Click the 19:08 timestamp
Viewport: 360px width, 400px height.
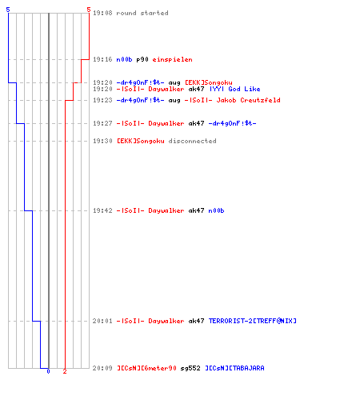pyautogui.click(x=102, y=13)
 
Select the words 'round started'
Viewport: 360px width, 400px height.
pyautogui.click(x=142, y=13)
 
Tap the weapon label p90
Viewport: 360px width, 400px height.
pyautogui.click(x=142, y=59)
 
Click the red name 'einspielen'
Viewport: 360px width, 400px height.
pyautogui.click(x=172, y=59)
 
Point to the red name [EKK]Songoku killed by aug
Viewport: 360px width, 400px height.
pyautogui.click(x=209, y=82)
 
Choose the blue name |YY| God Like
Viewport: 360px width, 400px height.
pyautogui.click(x=235, y=89)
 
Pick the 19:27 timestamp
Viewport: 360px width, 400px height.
pyautogui.click(x=102, y=123)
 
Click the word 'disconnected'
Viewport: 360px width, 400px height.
pyautogui.click(x=192, y=141)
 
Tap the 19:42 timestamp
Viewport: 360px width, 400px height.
pyautogui.click(x=102, y=210)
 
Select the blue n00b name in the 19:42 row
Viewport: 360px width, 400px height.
pyautogui.click(x=216, y=210)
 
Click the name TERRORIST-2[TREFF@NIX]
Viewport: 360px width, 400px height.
pyautogui.click(x=253, y=321)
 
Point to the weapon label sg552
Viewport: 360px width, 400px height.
pyautogui.click(x=190, y=368)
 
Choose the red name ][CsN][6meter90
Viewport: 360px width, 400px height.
pyautogui.click(x=146, y=368)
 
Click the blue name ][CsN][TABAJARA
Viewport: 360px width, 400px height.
pyautogui.click(x=234, y=368)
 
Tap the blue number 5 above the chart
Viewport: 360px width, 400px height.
pyautogui.click(x=8, y=10)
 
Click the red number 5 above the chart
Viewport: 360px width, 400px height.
pyautogui.click(x=89, y=10)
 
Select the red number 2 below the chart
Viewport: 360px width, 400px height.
pyautogui.click(x=65, y=371)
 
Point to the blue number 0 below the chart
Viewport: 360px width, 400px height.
pyautogui.click(x=48, y=371)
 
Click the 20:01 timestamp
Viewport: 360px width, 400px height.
pyautogui.click(x=102, y=321)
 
